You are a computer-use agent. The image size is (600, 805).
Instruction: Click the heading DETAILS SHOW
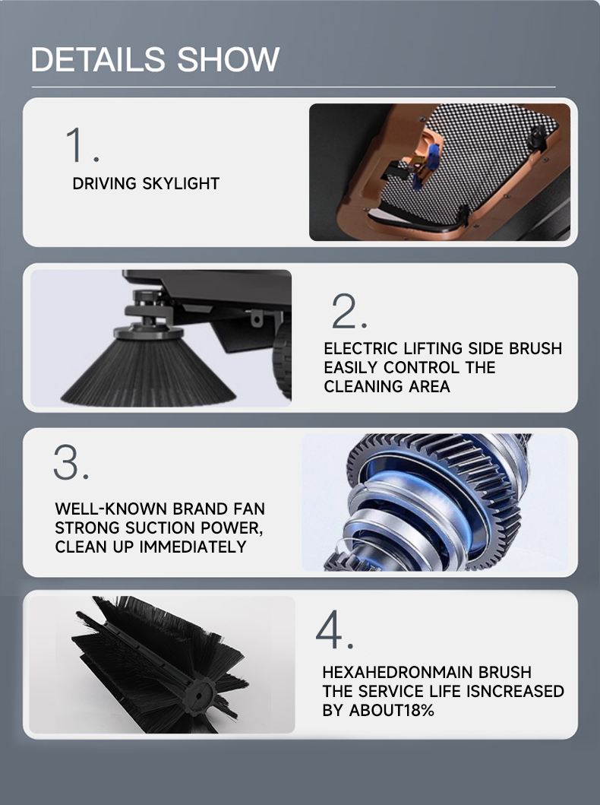coord(155,59)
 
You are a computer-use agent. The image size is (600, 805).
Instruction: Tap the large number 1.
coord(82,144)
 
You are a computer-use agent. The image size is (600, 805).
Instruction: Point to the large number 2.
coord(349,311)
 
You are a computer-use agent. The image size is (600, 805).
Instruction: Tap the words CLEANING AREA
coord(387,386)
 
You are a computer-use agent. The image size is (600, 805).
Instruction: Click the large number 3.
coord(71,462)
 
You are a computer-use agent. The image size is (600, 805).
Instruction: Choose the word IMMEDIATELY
coord(193,547)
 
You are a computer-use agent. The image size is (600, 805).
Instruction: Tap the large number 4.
coord(334,629)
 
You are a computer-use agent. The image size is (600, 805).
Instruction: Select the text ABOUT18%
coord(391,710)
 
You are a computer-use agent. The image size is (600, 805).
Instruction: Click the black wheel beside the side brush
coord(282,363)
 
